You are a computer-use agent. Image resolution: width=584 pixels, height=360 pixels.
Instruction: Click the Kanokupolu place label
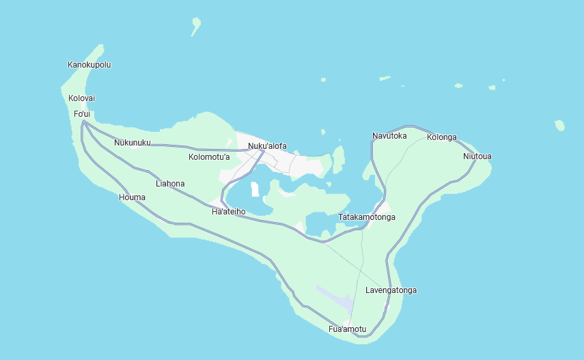(x=89, y=65)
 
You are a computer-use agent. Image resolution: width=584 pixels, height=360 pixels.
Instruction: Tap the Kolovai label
(x=81, y=98)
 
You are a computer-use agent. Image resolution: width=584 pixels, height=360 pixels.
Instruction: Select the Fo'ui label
(x=82, y=113)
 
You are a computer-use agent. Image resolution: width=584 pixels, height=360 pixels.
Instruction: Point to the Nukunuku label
(x=133, y=143)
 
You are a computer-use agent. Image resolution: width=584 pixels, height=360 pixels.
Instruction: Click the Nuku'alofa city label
(x=267, y=146)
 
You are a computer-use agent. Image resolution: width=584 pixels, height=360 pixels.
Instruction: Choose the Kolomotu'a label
(x=209, y=157)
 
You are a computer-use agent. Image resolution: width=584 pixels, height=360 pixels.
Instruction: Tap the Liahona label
(x=170, y=184)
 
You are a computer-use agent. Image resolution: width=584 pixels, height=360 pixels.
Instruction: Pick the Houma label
(x=132, y=197)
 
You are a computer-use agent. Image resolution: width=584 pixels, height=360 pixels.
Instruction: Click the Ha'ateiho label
(x=228, y=212)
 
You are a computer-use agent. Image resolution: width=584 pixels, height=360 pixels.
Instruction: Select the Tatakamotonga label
(x=367, y=217)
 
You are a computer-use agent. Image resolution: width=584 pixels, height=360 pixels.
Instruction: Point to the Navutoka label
(x=389, y=136)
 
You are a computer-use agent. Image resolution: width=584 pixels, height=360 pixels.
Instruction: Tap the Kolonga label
(x=441, y=137)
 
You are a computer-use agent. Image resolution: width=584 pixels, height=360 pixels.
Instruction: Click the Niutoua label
(x=477, y=156)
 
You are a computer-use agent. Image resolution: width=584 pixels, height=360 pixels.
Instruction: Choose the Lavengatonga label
(x=391, y=290)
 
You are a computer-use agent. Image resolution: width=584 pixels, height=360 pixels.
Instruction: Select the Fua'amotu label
(x=347, y=329)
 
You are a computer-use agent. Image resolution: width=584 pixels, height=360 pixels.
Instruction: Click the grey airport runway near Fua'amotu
(x=335, y=298)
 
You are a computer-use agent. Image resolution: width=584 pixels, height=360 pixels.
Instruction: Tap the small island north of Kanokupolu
(x=196, y=26)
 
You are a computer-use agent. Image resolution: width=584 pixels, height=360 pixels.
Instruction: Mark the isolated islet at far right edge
(x=559, y=125)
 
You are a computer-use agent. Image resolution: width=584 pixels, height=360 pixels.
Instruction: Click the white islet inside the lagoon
(x=255, y=189)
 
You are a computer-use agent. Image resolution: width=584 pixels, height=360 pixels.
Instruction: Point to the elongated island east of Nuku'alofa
(x=338, y=159)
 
